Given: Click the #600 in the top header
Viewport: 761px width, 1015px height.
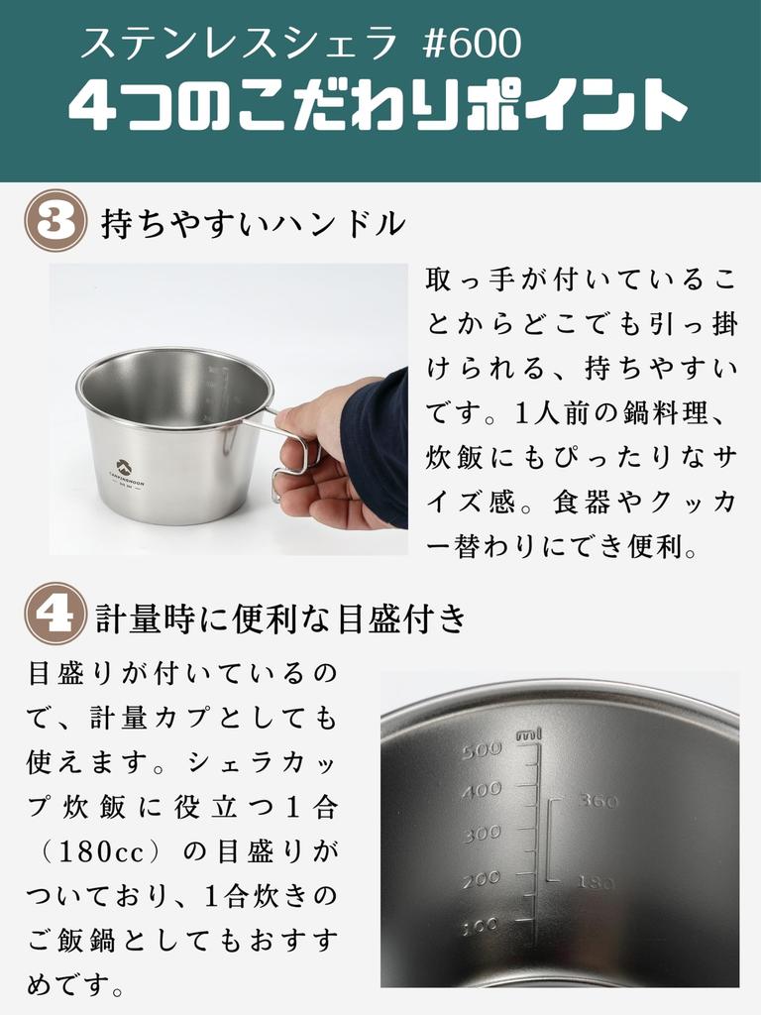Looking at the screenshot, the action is tap(472, 44).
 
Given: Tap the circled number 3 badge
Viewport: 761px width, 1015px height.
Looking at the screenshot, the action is tap(55, 221).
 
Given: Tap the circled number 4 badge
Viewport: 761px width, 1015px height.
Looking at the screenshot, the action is tap(55, 614).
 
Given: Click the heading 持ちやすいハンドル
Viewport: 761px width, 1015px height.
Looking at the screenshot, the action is tap(253, 224).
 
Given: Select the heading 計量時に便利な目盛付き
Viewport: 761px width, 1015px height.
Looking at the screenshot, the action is tap(281, 618).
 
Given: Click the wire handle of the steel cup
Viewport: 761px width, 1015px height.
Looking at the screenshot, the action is tap(294, 453).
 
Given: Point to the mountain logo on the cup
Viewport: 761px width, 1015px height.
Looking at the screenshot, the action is tap(124, 466).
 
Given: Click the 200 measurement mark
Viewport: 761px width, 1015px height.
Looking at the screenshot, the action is tap(482, 880).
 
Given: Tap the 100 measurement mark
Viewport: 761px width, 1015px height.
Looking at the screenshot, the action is tap(481, 927).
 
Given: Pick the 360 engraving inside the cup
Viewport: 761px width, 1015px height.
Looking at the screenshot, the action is tap(598, 801).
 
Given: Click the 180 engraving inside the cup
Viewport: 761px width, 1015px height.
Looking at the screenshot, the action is tap(596, 881).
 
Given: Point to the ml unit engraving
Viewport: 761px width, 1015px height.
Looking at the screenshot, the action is tap(529, 734).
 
